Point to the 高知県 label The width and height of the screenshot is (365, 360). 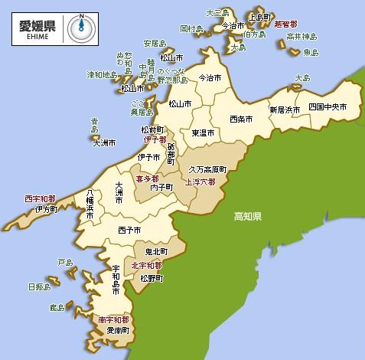pyautogui.click(x=248, y=218)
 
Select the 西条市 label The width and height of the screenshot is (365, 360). pyautogui.click(x=242, y=119)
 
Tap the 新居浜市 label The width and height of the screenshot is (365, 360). pyautogui.click(x=285, y=110)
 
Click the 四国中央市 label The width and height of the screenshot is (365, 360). pyautogui.click(x=328, y=106)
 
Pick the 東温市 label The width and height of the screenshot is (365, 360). pyautogui.click(x=203, y=133)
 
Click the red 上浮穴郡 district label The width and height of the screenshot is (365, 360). pyautogui.click(x=200, y=182)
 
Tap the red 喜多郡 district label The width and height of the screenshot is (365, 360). pyautogui.click(x=148, y=178)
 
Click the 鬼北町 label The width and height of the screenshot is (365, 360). pyautogui.click(x=156, y=251)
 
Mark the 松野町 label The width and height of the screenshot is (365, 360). pyautogui.click(x=152, y=278)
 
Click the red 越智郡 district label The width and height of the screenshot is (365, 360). pyautogui.click(x=285, y=25)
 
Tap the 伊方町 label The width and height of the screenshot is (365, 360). pyautogui.click(x=46, y=208)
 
